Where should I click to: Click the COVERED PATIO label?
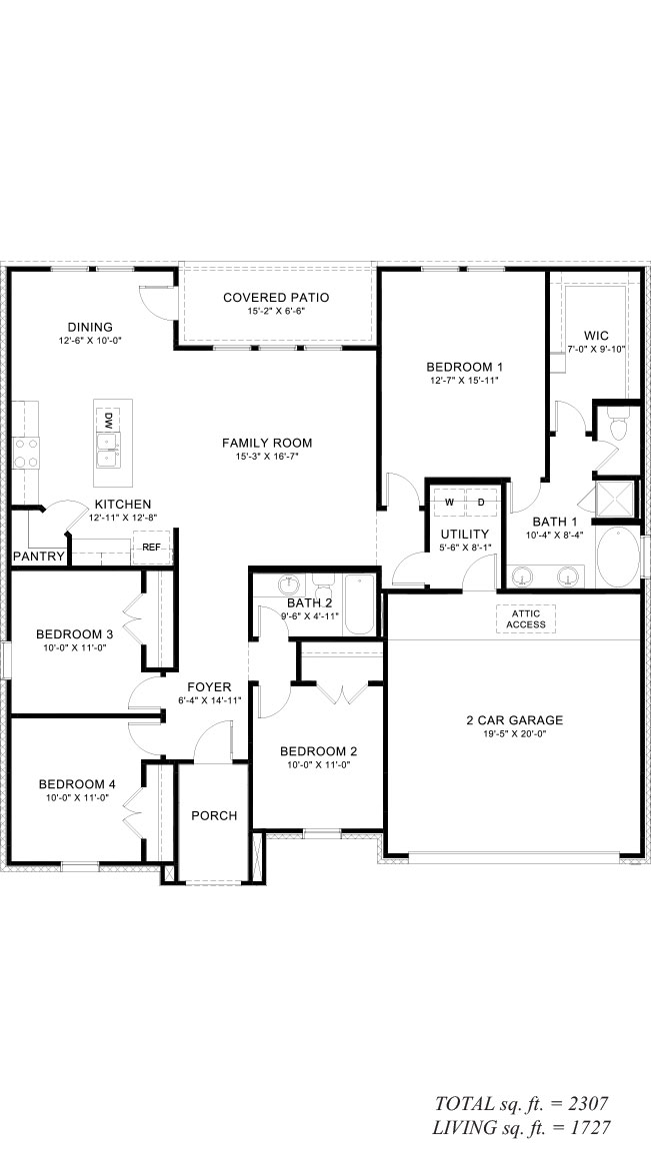point(276,298)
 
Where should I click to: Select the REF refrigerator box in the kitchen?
point(151,547)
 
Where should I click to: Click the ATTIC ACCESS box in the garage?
point(526,618)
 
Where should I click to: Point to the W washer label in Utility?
point(449,502)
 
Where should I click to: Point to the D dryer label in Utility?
point(482,502)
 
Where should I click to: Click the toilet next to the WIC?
point(618,428)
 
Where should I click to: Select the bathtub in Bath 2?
point(359,604)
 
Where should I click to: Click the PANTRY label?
point(39,557)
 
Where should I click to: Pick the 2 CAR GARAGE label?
point(515,720)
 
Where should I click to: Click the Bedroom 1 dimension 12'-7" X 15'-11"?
point(465,381)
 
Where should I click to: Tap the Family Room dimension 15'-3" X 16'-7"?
point(267,456)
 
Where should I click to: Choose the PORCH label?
point(214,815)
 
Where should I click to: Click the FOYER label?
point(209,687)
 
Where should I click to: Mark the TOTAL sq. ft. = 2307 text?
point(522,1104)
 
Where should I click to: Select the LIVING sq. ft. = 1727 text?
point(522,1128)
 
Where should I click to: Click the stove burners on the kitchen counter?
point(25,453)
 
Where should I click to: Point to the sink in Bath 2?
point(290,584)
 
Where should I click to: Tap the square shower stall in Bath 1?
point(616,499)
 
